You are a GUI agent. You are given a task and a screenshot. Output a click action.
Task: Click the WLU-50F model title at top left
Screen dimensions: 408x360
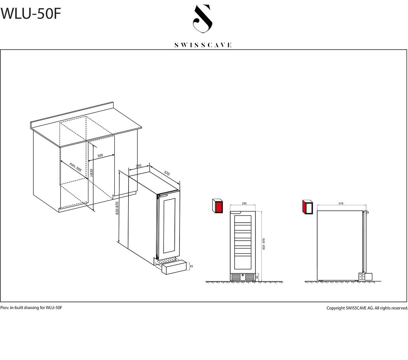(31, 14)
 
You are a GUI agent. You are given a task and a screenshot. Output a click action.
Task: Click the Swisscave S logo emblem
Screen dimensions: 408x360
(203, 18)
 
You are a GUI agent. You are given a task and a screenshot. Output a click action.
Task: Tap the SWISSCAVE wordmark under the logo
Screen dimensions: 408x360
(203, 45)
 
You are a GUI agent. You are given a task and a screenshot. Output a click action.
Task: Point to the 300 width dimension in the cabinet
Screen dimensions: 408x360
(100, 155)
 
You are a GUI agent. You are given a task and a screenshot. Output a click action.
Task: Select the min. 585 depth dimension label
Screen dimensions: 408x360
(75, 167)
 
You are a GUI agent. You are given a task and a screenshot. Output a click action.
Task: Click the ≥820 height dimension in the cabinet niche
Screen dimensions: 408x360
(91, 173)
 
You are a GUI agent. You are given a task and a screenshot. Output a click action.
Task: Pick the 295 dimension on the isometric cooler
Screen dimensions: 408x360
(139, 166)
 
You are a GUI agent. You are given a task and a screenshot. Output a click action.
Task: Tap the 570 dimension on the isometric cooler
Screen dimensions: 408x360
(167, 173)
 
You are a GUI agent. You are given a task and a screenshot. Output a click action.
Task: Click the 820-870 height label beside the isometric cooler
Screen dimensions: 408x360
(117, 208)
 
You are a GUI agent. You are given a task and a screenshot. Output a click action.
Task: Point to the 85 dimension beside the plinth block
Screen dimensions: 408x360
(191, 266)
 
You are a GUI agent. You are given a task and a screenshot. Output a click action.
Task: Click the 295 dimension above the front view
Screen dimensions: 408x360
(244, 204)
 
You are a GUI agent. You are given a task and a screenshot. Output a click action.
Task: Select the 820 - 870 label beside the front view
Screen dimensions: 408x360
(263, 244)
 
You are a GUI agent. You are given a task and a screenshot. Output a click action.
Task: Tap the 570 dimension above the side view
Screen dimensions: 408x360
(341, 204)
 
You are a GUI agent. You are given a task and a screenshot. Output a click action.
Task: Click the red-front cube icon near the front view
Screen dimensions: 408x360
(218, 206)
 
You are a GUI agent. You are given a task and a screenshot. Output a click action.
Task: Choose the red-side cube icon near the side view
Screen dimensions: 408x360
(307, 207)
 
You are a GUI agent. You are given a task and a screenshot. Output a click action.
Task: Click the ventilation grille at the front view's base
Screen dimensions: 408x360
(243, 277)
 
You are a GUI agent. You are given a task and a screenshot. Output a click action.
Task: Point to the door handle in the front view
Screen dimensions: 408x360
(236, 212)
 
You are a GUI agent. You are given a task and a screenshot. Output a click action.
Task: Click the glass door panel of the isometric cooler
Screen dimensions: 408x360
(169, 226)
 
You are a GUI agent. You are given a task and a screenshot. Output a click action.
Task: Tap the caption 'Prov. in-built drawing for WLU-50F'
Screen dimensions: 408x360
(31, 308)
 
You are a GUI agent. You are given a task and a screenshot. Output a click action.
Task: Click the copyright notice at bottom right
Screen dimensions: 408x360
(367, 308)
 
